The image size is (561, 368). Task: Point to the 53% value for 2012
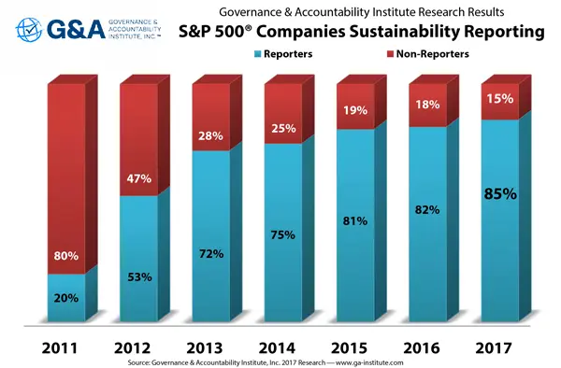pos(139,276)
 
